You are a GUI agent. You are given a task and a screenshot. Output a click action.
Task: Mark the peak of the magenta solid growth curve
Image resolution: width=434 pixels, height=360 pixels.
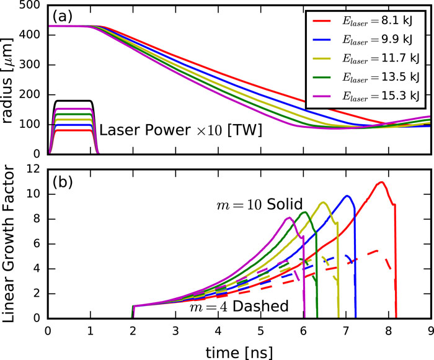pyautogui.click(x=290, y=218)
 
